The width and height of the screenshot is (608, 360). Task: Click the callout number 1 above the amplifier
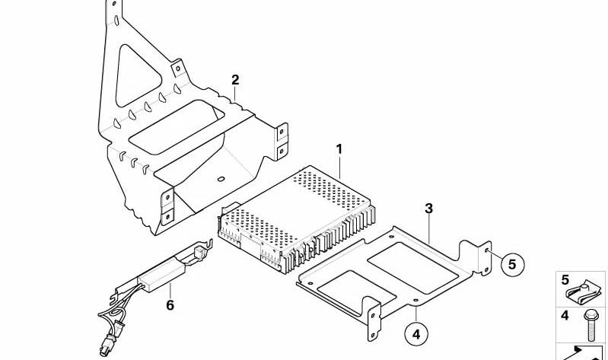click(339, 149)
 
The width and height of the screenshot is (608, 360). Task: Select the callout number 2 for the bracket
click(235, 81)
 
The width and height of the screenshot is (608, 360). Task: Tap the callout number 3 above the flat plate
click(428, 209)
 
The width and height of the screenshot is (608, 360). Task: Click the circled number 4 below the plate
click(416, 334)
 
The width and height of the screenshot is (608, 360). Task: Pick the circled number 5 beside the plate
click(512, 265)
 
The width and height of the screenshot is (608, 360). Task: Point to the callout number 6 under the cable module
click(170, 305)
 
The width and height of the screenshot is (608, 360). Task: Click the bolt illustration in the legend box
click(590, 325)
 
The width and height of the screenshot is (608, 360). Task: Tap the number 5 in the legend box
click(565, 279)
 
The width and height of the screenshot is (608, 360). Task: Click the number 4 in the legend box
click(565, 316)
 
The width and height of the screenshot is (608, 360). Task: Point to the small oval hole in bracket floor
click(221, 179)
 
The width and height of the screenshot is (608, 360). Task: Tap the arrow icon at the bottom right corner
click(580, 352)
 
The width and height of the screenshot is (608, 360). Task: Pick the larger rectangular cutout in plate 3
click(413, 268)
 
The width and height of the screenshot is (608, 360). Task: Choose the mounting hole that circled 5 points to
click(487, 251)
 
